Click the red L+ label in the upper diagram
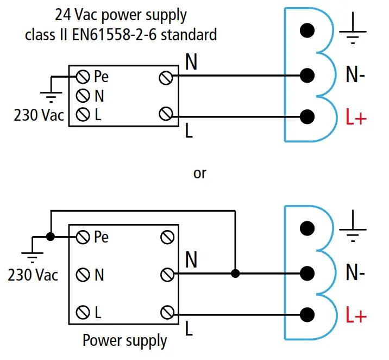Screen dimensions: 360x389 356,117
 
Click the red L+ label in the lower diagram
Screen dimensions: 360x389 356,316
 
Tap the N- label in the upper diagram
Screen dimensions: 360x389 355,75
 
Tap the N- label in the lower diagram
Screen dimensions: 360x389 355,274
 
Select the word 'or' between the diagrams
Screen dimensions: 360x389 200,173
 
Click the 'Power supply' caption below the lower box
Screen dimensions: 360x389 124,341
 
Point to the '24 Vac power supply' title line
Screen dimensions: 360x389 121,15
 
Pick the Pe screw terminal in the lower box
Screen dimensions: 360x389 83,237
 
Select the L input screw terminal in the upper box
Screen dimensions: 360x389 83,115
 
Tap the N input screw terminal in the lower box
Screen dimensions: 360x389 83,275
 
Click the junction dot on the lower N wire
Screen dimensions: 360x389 235,273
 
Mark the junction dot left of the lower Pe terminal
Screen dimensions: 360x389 51,237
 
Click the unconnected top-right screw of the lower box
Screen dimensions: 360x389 167,237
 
